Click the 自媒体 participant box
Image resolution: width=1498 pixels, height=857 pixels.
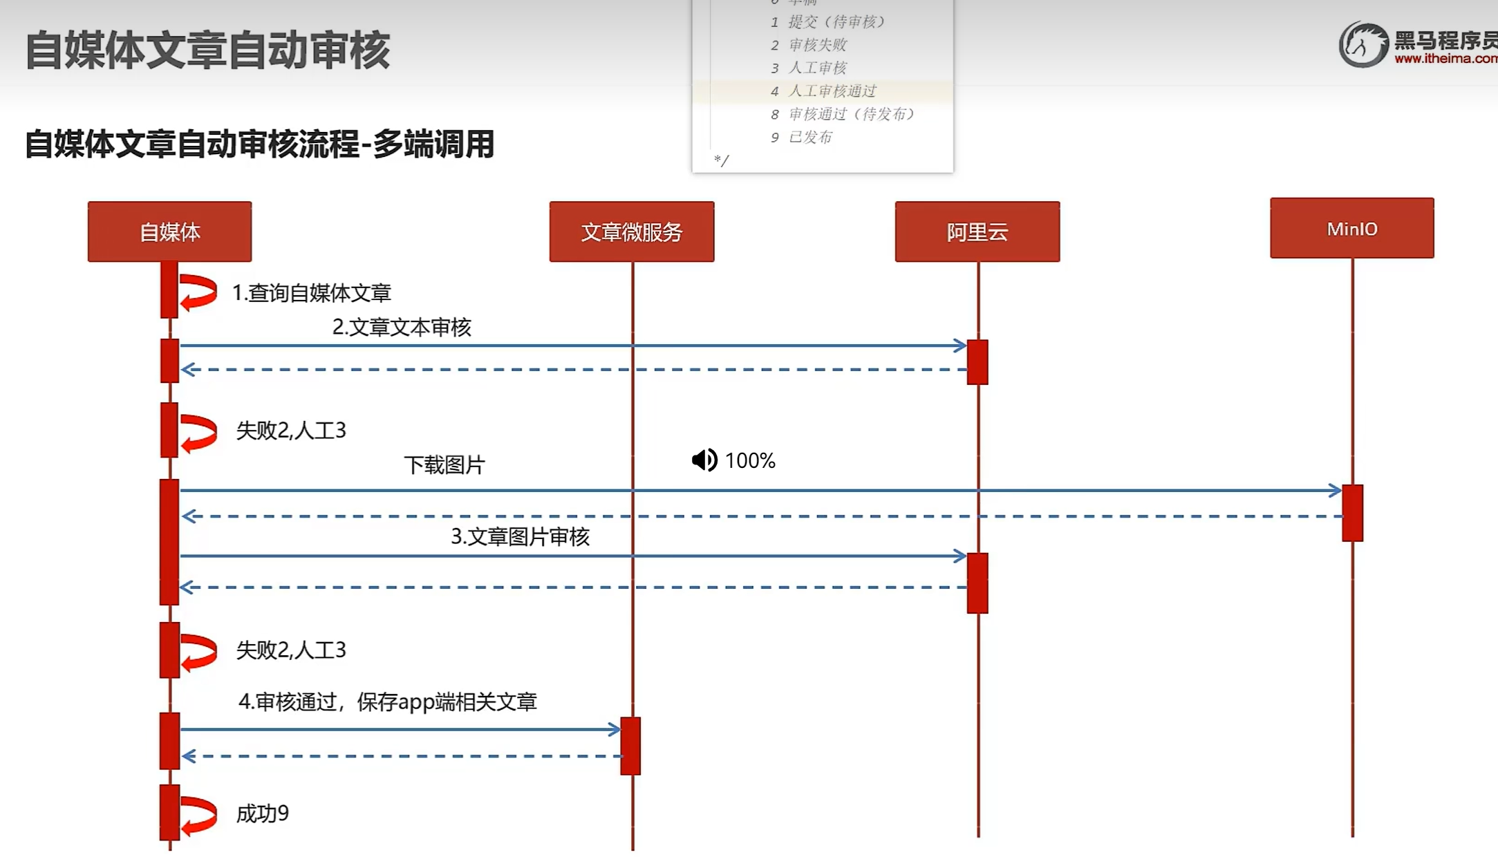click(x=169, y=232)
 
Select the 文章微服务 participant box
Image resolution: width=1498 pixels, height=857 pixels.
click(x=631, y=232)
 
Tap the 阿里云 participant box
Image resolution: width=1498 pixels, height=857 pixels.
click(x=977, y=232)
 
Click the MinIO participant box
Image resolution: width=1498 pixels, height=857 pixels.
click(x=1351, y=228)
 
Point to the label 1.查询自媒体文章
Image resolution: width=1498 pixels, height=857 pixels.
click(x=311, y=293)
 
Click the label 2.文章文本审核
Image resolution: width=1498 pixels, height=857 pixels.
click(x=402, y=327)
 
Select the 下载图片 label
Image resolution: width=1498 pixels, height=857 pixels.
click(x=444, y=464)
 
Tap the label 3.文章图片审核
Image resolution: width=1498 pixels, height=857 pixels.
click(x=520, y=537)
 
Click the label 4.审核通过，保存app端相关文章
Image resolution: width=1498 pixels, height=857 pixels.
click(x=387, y=702)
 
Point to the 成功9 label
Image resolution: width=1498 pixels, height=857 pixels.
click(x=263, y=813)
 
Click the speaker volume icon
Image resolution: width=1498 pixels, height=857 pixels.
click(x=704, y=460)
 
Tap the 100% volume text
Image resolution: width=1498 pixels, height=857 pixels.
click(x=750, y=461)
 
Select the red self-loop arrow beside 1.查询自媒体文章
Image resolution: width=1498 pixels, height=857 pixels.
click(x=198, y=292)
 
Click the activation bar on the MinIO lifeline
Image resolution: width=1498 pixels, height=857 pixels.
click(x=1352, y=513)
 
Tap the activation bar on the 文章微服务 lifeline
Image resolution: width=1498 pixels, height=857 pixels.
click(x=630, y=746)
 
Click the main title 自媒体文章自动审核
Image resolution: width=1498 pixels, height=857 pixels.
click(x=207, y=50)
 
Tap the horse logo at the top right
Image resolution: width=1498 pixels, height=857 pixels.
click(x=1363, y=45)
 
